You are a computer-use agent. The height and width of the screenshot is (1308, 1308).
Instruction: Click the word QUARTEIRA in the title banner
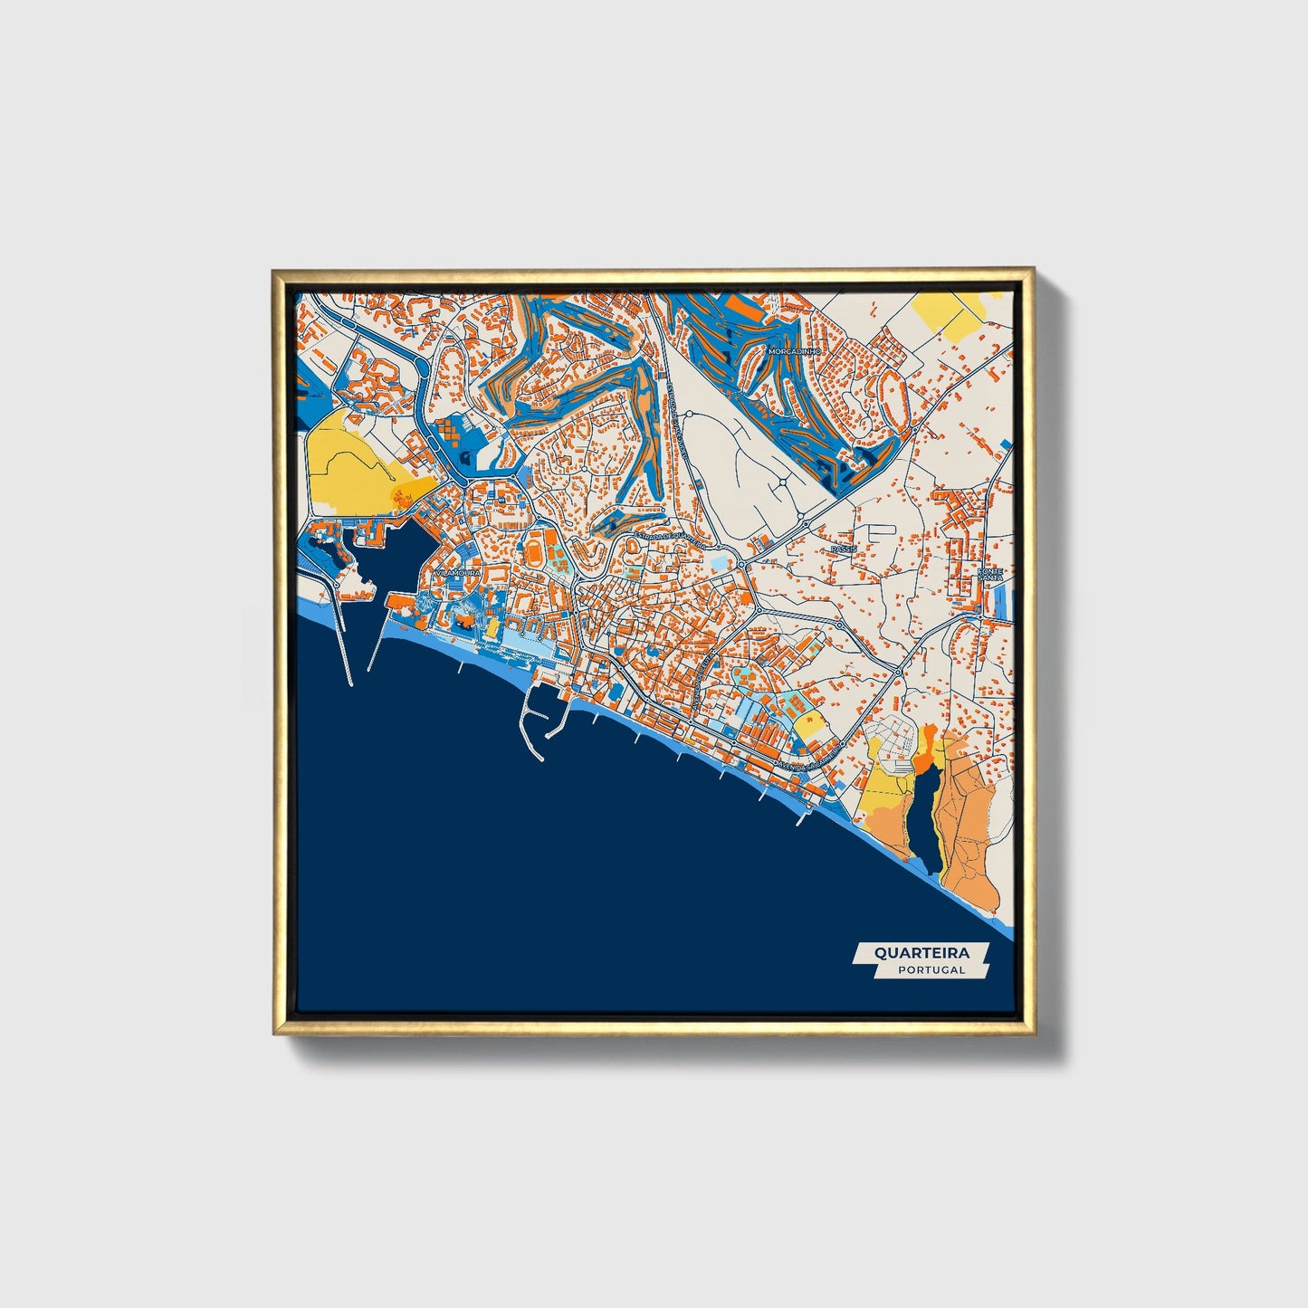pos(921,952)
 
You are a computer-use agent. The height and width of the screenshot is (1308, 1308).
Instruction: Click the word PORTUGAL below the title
pos(931,969)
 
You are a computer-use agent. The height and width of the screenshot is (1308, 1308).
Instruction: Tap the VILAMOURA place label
pos(458,572)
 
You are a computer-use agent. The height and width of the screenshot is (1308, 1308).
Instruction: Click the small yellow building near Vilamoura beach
pos(492,626)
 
